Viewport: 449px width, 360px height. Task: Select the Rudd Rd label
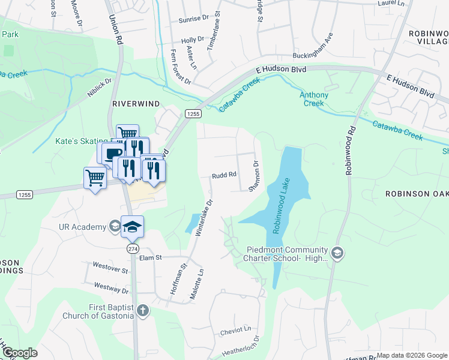[224, 175]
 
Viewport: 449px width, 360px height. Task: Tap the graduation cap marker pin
[133, 227]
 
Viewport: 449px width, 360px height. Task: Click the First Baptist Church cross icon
[142, 310]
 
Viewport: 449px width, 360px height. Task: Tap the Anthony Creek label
[314, 99]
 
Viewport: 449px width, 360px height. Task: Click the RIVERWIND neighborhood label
[136, 104]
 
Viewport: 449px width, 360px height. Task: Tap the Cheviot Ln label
[235, 329]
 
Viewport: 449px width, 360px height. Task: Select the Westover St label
[110, 268]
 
